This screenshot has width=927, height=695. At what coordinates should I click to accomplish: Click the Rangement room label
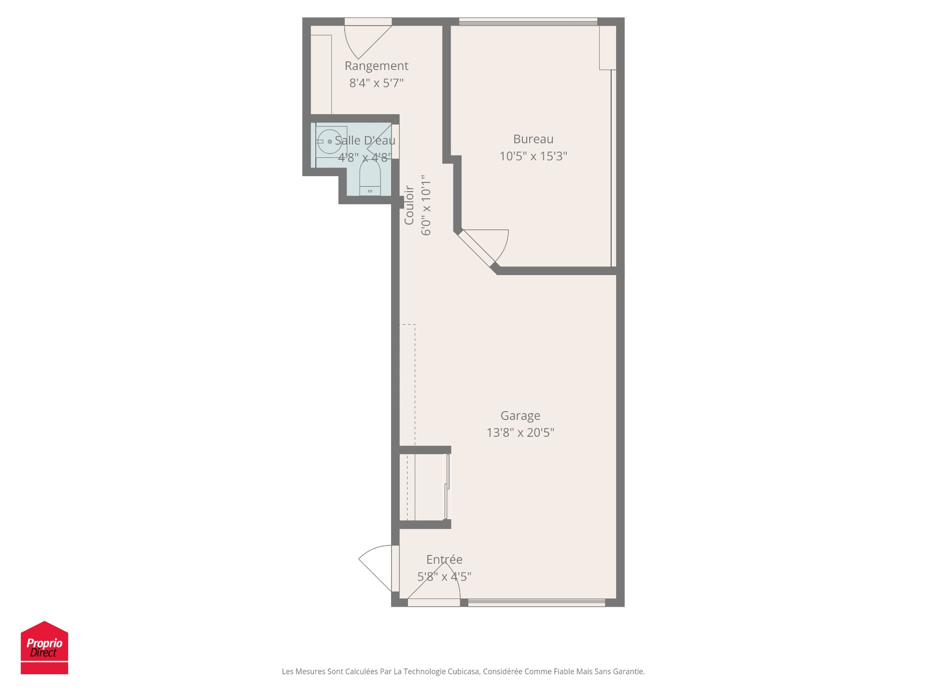click(x=376, y=66)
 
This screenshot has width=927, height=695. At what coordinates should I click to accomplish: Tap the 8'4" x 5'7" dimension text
click(x=376, y=83)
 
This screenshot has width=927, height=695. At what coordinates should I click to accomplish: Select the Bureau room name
click(x=533, y=139)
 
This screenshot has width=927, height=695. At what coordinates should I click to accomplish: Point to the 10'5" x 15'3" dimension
click(x=533, y=156)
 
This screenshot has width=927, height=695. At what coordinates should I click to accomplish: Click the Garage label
click(x=520, y=416)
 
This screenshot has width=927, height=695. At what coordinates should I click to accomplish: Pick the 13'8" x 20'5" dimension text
click(x=520, y=432)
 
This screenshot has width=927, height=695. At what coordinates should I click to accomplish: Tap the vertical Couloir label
click(x=409, y=205)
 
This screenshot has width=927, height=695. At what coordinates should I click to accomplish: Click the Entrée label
click(x=444, y=559)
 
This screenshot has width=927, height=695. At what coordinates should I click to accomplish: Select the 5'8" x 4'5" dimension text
click(x=444, y=577)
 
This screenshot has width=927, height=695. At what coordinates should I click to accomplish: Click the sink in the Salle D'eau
click(x=330, y=141)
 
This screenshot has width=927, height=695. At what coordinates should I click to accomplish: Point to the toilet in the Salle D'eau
click(x=370, y=179)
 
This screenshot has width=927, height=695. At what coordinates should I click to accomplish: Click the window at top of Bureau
click(x=528, y=22)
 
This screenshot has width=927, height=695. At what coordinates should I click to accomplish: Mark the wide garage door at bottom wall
click(x=536, y=602)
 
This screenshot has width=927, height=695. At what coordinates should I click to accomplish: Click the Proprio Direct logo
click(x=44, y=647)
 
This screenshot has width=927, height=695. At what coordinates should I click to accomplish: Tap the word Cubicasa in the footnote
click(x=463, y=671)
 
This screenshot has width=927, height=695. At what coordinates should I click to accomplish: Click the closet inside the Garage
click(x=425, y=486)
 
